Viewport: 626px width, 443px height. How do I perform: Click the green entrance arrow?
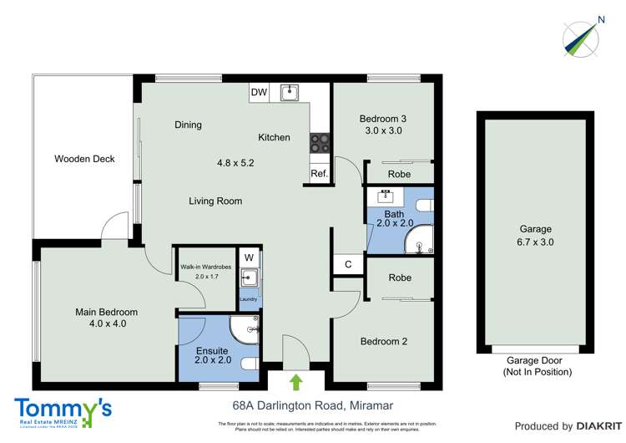pos(295,382)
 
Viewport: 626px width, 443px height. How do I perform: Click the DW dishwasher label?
pos(259,93)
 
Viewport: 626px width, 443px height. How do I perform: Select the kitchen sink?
pos(290,92)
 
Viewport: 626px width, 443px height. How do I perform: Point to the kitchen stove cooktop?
pos(321,145)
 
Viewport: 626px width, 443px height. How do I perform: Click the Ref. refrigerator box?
pos(318,174)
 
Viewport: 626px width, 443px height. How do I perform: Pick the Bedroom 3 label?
pos(383,118)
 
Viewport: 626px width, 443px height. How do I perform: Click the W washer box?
pos(249,257)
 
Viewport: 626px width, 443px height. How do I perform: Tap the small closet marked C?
pos(348,264)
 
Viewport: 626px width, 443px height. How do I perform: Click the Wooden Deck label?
pos(84,158)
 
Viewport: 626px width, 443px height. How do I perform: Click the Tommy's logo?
pos(63,412)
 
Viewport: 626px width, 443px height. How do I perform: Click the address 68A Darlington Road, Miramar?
pos(312,406)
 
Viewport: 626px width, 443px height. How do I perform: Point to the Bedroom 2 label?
pos(383,341)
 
